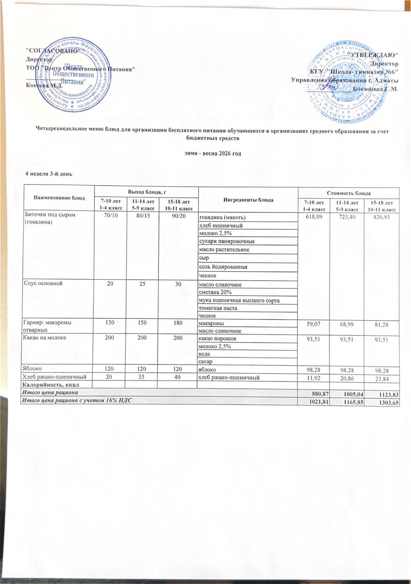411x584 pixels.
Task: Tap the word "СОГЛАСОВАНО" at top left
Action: coord(49,50)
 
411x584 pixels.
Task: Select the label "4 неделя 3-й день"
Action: coord(48,173)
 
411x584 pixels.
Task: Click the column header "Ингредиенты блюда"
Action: coord(248,200)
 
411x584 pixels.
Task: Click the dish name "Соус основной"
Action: coord(44,283)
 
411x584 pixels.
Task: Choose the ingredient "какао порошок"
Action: coord(218,339)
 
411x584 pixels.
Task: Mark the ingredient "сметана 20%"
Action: coord(216,292)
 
